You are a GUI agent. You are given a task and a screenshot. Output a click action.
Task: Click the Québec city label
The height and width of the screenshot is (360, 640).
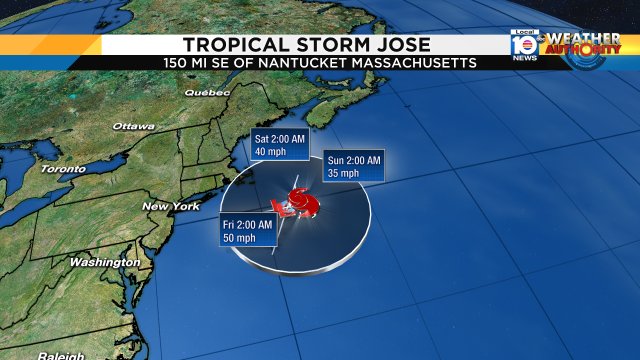point(207,92)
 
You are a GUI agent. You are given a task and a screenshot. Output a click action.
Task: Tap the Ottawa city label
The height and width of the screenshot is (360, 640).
point(133,127)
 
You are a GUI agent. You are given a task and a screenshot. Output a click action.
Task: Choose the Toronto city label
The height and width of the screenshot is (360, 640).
point(63,169)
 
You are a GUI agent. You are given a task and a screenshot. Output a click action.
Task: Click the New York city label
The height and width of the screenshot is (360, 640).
point(171,206)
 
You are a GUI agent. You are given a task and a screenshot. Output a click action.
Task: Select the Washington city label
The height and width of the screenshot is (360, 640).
point(104,262)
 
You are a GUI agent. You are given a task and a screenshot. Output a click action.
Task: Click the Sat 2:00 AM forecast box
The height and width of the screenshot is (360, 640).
point(277,144)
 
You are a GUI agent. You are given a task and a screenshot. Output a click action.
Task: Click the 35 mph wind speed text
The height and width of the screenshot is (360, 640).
point(343,173)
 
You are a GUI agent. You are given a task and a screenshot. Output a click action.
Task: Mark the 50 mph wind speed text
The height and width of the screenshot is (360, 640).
point(237,238)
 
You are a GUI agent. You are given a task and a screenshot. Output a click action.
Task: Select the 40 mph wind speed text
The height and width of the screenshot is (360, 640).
point(267,151)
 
